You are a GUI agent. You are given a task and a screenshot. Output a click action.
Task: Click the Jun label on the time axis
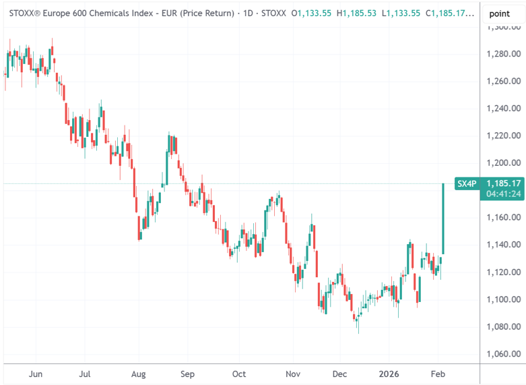pos(36,374)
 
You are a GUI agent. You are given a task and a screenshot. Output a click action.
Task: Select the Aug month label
pos(138,374)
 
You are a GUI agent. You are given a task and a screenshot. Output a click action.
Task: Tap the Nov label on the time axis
pos(292,374)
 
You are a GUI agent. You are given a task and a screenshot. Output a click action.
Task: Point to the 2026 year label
pos(390,374)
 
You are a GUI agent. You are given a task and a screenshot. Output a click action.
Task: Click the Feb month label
pos(438,374)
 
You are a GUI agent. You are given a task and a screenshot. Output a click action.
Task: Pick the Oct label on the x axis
pos(239,374)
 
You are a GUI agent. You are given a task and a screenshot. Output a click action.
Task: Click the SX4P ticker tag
pos(467,183)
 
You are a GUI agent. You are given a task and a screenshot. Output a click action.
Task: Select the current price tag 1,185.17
pos(504,183)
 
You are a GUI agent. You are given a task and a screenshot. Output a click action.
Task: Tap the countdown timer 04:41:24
pos(504,194)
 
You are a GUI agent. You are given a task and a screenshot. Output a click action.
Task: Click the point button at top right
pos(499,13)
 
